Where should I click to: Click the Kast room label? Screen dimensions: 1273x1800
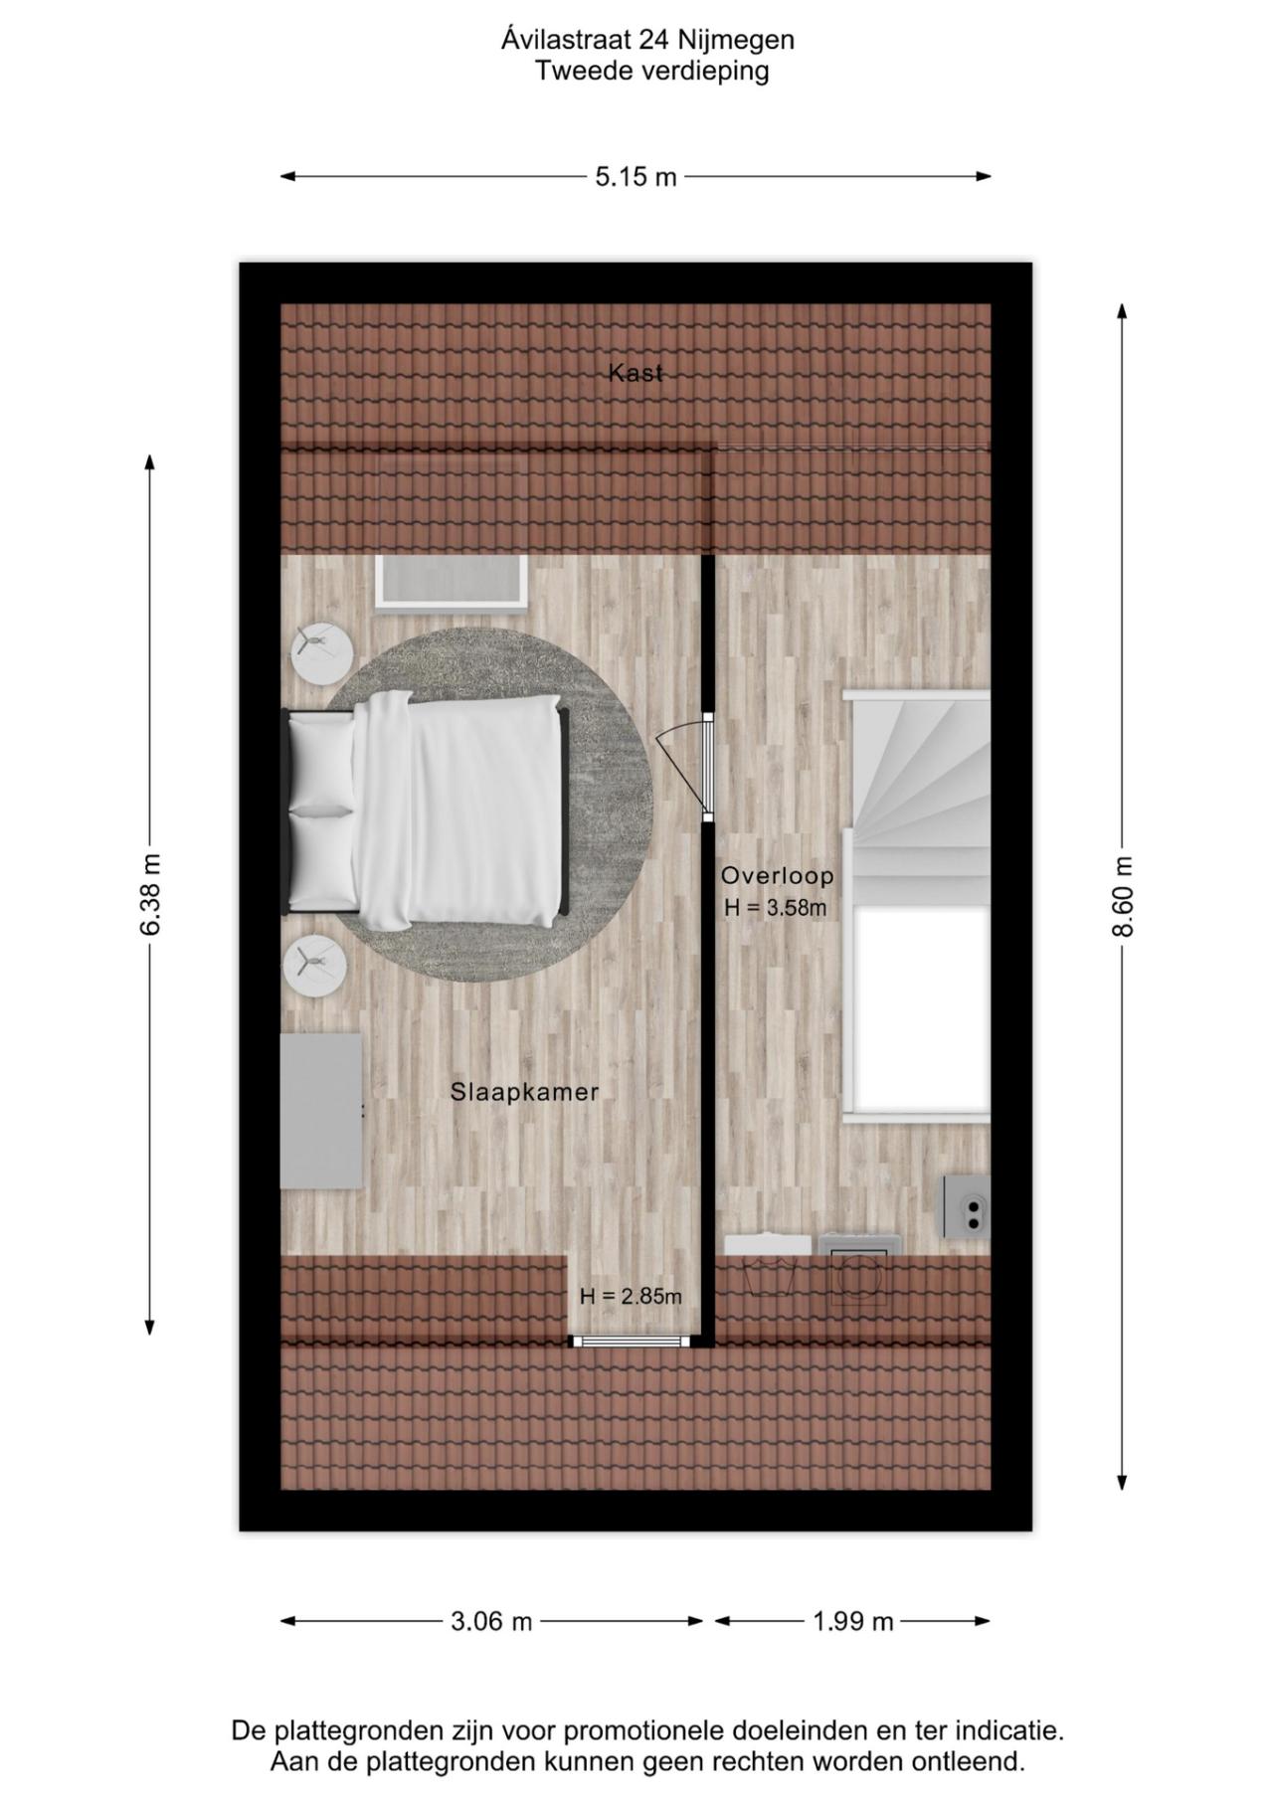(x=635, y=374)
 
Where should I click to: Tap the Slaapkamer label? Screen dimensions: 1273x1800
(x=524, y=1092)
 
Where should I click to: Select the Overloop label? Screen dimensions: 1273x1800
(x=777, y=876)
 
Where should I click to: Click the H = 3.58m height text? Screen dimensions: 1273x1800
(x=776, y=908)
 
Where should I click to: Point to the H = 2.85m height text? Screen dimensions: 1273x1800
(x=631, y=1297)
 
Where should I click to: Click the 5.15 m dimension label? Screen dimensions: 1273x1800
(x=636, y=177)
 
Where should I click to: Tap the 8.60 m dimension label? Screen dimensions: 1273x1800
(x=1122, y=896)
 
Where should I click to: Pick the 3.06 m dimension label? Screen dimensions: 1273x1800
(x=491, y=1622)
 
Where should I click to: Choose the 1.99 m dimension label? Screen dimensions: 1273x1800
(x=852, y=1622)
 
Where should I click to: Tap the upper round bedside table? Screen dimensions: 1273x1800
(x=321, y=652)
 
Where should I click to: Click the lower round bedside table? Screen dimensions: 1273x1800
(x=315, y=967)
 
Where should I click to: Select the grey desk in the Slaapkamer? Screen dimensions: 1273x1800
(x=320, y=1111)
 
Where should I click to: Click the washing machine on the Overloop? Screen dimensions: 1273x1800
(x=858, y=1271)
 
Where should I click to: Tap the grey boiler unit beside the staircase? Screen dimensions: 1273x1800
(x=967, y=1206)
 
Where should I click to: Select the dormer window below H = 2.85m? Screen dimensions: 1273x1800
(x=631, y=1341)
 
